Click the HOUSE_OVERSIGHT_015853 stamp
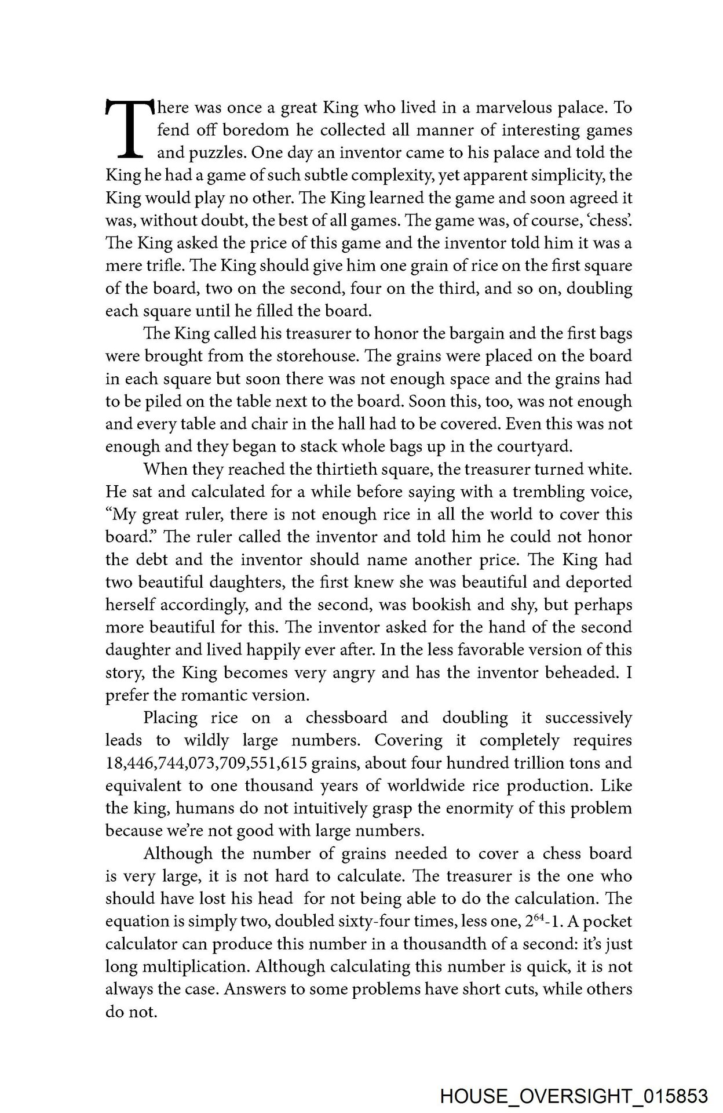[x=574, y=1097]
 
